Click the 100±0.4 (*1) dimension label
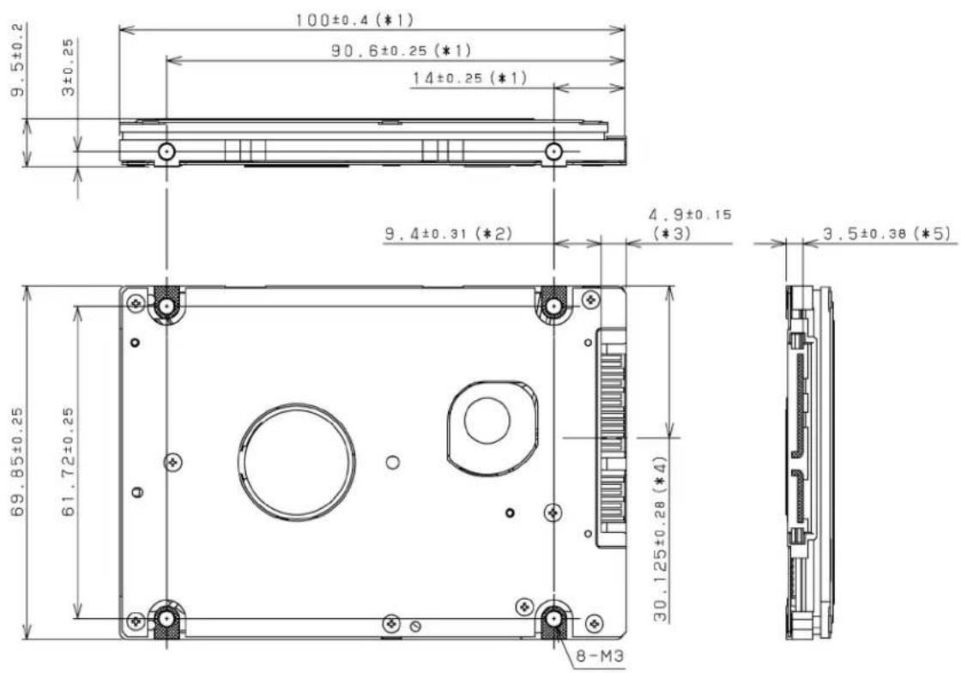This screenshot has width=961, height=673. pos(355,21)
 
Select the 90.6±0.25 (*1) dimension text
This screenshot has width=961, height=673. pos(402,51)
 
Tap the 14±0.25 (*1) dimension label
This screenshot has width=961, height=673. pos(468,78)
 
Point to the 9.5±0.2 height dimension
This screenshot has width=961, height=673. pos(18,60)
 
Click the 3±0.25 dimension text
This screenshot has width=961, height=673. pos(68,68)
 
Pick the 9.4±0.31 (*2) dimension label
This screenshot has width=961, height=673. pos(448,233)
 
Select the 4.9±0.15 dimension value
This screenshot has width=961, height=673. pos(690,215)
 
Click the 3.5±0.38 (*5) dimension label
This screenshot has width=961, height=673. pos(886,233)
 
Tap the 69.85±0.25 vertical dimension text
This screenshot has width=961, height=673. pos(18,462)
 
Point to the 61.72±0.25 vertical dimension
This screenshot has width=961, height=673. pos(68,462)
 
